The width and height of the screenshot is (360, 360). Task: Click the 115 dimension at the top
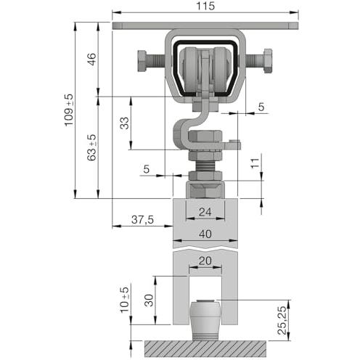[x=205, y=6]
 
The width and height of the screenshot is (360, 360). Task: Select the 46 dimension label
[x=91, y=59]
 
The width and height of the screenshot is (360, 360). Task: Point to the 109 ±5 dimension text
[x=69, y=110]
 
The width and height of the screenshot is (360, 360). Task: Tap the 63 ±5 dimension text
[x=91, y=147]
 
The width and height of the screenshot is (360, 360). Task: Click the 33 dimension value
[x=125, y=123]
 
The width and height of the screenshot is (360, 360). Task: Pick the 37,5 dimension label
[x=142, y=219]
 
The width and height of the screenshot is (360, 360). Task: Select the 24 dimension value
[x=205, y=212]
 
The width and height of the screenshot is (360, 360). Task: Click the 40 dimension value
[x=205, y=234]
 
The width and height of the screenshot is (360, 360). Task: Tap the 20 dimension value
[x=205, y=261]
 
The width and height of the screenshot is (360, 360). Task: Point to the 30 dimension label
[x=149, y=300]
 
